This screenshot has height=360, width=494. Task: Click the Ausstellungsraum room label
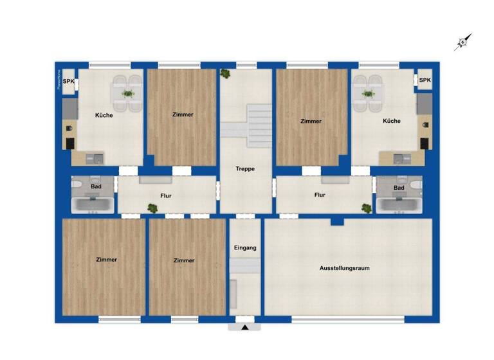point(345,267)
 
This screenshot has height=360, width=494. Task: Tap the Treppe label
point(245,169)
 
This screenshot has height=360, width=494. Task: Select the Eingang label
point(245,248)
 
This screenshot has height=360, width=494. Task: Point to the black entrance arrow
point(245,327)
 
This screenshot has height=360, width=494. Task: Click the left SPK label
point(68,81)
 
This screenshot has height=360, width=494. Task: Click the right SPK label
point(425,80)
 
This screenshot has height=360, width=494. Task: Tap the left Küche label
point(104,116)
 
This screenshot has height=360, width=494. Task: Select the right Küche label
point(391,121)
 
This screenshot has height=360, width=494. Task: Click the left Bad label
point(96,186)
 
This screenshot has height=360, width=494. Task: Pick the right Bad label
point(399,188)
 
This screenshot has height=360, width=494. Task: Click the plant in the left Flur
point(152,208)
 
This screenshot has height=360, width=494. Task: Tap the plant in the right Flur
point(366,208)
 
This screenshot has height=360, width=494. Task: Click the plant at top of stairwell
point(225,73)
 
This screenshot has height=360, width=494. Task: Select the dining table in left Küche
point(128,94)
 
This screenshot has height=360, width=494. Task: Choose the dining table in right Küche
point(368,94)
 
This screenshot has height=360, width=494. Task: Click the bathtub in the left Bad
point(93,206)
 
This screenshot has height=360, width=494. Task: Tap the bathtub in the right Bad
point(400,206)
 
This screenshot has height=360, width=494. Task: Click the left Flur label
point(166,195)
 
